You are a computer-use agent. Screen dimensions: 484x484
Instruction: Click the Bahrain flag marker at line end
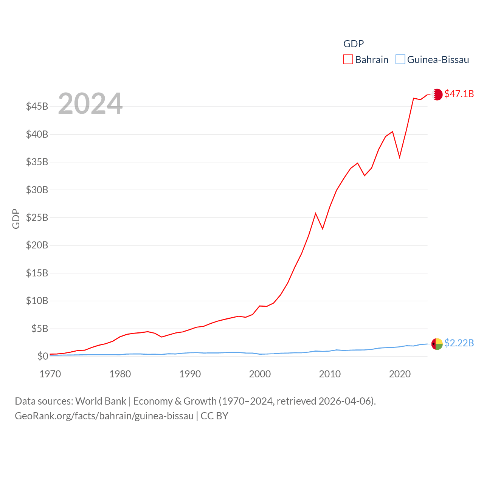tap(437, 94)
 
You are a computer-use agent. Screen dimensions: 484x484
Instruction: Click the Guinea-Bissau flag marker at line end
tap(437, 344)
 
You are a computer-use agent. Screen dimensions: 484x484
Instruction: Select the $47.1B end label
tap(459, 94)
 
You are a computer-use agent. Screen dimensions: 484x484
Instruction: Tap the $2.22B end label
tap(459, 343)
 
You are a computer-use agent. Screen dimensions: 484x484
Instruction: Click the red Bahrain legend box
tap(348, 60)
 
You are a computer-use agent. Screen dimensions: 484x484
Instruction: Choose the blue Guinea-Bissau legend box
tap(400, 60)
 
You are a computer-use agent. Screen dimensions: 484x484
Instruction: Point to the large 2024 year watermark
tap(90, 103)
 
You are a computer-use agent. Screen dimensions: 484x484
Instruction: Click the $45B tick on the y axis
tap(37, 106)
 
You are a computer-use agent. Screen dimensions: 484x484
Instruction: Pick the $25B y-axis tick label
tap(37, 217)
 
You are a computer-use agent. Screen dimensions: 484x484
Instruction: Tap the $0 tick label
tap(43, 356)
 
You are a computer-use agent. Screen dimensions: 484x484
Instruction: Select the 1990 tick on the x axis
tap(190, 374)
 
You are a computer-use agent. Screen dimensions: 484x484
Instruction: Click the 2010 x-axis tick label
tap(330, 374)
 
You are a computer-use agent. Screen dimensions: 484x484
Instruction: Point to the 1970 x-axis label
tap(50, 374)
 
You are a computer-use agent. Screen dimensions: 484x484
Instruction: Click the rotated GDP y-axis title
tap(16, 219)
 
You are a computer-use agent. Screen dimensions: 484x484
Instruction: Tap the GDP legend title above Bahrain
tap(354, 44)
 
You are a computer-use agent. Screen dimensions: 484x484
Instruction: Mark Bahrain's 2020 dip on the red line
tap(400, 157)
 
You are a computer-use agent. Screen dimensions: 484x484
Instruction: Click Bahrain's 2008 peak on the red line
tap(316, 214)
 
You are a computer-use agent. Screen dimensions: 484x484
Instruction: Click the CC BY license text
tap(214, 416)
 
